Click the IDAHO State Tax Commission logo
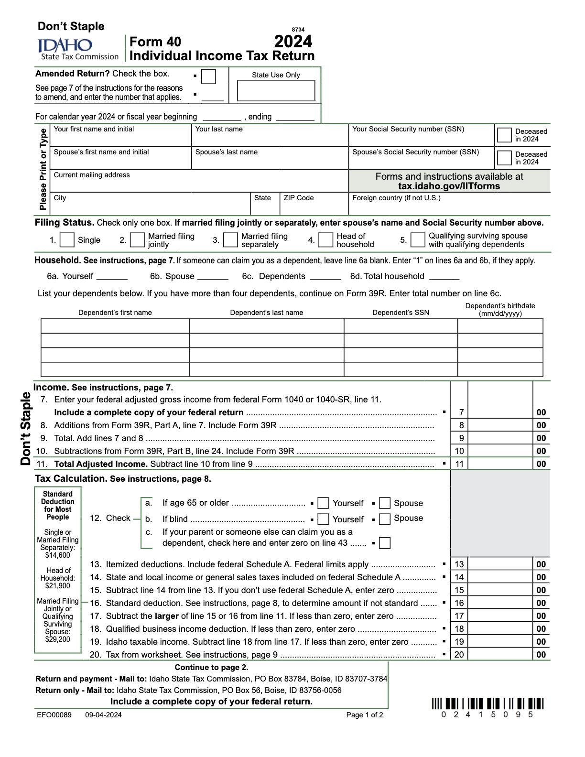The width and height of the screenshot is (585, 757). pyautogui.click(x=78, y=49)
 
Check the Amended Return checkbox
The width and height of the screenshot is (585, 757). pyautogui.click(x=209, y=76)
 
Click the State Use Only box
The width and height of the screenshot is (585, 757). pyautogui.click(x=276, y=90)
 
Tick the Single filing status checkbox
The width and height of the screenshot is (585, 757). pyautogui.click(x=67, y=240)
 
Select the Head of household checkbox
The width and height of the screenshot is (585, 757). pyautogui.click(x=325, y=240)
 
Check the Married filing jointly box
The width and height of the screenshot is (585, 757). pyautogui.click(x=137, y=240)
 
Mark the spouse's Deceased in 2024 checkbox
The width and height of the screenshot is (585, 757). pyautogui.click(x=504, y=158)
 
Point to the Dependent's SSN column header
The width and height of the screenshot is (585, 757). pyautogui.click(x=401, y=313)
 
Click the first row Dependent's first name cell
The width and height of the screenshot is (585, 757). pyautogui.click(x=115, y=326)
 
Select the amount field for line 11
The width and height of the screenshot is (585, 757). pyautogui.click(x=500, y=464)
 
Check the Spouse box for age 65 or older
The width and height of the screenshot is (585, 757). pyautogui.click(x=385, y=503)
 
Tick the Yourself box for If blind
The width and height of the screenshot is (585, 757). pyautogui.click(x=324, y=519)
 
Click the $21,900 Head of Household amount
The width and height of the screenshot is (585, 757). pyautogui.click(x=58, y=586)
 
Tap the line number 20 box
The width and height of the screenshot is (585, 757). pyautogui.click(x=459, y=655)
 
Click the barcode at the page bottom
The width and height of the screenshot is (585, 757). pyautogui.click(x=487, y=704)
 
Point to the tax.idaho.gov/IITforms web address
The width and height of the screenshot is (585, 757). pyautogui.click(x=449, y=186)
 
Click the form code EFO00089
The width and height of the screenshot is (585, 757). pyautogui.click(x=54, y=715)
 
